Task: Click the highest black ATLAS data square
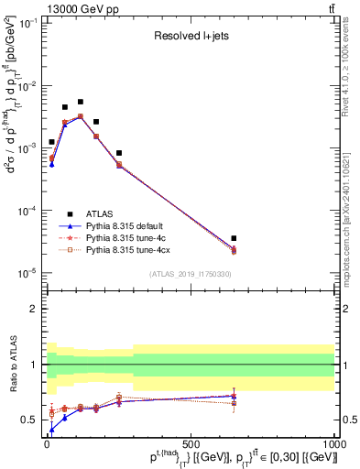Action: click(81, 102)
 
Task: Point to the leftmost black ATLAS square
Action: click(52, 142)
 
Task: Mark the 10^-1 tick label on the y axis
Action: click(27, 23)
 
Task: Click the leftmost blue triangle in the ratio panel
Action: click(52, 429)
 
